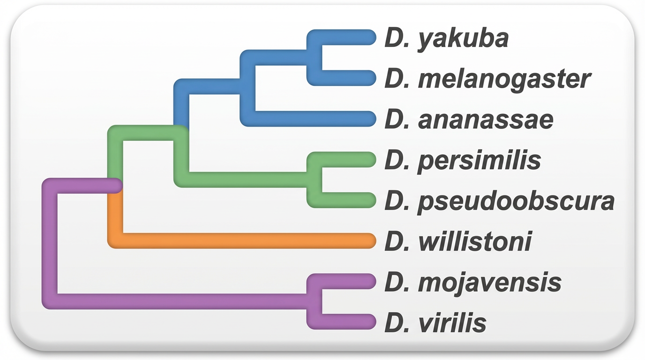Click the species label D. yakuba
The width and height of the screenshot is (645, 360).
(446, 38)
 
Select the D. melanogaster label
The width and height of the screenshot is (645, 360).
(487, 79)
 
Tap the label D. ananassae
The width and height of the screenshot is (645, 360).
(469, 120)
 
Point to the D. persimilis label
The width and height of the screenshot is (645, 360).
(463, 160)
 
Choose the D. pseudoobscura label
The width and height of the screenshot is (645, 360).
(499, 201)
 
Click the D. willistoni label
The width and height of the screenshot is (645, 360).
(458, 241)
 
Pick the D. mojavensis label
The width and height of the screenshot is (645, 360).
(472, 282)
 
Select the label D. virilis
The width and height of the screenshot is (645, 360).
(435, 323)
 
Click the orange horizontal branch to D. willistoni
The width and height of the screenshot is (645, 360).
(244, 241)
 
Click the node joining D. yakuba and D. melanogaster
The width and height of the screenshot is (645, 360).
(314, 58)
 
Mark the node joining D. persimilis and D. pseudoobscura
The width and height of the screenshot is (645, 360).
(314, 180)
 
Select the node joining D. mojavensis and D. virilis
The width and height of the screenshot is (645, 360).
(314, 302)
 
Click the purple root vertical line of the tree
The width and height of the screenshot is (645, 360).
(50, 244)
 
